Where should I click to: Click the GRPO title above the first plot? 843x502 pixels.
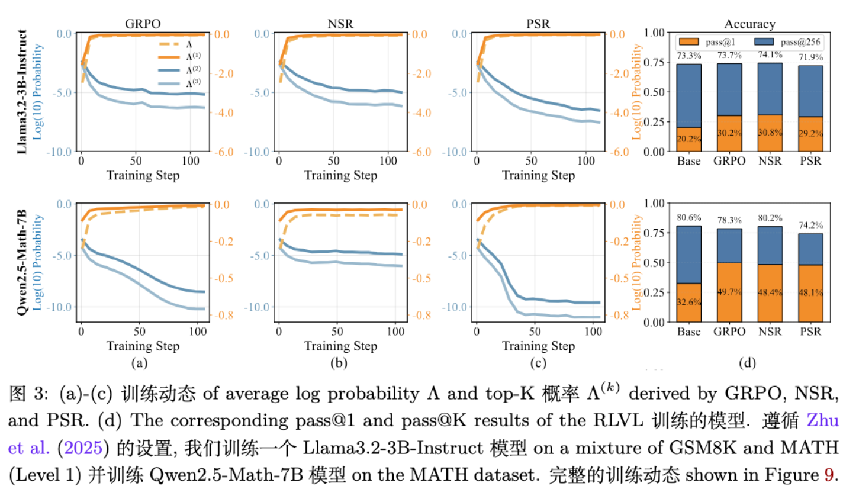click(x=143, y=24)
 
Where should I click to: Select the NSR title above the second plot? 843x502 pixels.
click(x=340, y=24)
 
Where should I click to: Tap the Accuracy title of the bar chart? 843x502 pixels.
click(x=749, y=24)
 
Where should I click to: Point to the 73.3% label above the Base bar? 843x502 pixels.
click(x=689, y=56)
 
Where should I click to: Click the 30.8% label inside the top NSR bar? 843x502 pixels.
click(x=770, y=133)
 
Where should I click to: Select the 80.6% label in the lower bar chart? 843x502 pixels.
click(x=689, y=218)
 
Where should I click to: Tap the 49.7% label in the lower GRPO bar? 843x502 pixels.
click(x=729, y=292)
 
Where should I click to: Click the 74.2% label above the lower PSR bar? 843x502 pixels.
click(x=810, y=226)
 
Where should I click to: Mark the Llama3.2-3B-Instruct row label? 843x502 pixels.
click(x=22, y=92)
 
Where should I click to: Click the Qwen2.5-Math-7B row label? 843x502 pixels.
click(x=22, y=262)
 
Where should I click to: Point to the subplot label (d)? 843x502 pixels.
click(x=748, y=363)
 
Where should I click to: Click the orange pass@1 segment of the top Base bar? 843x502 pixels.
click(x=689, y=140)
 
